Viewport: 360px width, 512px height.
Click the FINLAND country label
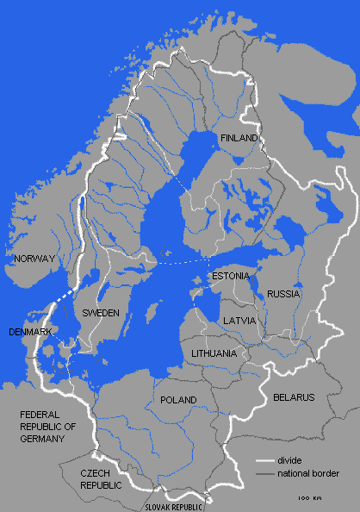click(239, 138)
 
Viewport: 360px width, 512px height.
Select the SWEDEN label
click(100, 313)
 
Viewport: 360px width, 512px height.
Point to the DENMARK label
click(29, 332)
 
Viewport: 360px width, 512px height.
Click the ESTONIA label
click(230, 276)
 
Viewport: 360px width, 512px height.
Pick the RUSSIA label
click(282, 294)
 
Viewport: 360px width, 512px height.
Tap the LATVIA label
click(239, 320)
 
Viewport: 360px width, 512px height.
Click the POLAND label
click(178, 400)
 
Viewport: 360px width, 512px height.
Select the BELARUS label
click(294, 397)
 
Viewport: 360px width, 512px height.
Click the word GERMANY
click(42, 439)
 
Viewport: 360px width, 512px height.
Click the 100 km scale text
click(310, 499)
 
